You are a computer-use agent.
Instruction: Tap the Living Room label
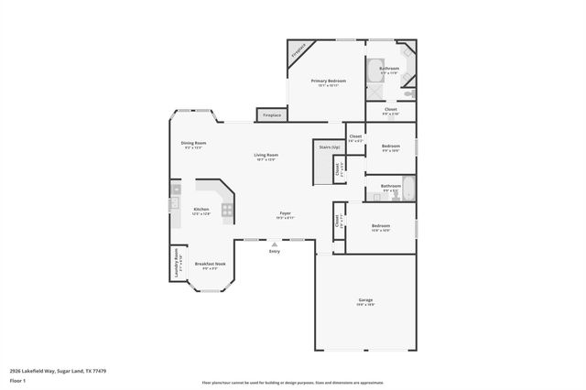(x=266, y=155)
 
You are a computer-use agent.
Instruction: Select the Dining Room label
(x=193, y=143)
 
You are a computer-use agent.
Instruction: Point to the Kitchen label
(x=201, y=209)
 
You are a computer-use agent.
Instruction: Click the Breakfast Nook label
(x=210, y=264)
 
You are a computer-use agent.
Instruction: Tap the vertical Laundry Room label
(x=176, y=264)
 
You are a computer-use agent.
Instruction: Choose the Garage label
(x=365, y=300)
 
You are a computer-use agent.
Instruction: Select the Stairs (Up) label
(x=330, y=146)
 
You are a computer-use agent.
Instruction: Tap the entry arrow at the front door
(x=273, y=244)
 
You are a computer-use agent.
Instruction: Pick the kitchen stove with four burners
(x=226, y=209)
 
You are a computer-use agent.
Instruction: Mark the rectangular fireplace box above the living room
(x=272, y=115)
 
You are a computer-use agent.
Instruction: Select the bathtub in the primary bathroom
(x=375, y=70)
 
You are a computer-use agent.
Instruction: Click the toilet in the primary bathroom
(x=409, y=92)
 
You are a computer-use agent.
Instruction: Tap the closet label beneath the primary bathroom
(x=390, y=112)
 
